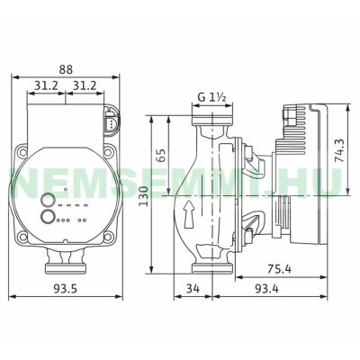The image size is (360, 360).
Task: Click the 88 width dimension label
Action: [66, 69]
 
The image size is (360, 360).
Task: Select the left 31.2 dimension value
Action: [46, 86]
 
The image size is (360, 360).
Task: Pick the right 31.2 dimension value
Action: [85, 86]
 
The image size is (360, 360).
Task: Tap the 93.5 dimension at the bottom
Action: [66, 289]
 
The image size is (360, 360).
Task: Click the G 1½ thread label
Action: [211, 97]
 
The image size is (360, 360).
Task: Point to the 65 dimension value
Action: [161, 155]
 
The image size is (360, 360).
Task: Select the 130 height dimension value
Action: [144, 196]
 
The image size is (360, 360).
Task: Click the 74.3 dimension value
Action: [340, 151]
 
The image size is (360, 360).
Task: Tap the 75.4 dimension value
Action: [279, 269]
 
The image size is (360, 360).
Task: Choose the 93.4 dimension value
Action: [266, 289]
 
